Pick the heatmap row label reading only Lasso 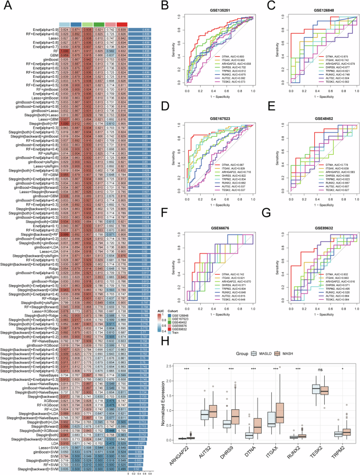click(x=48, y=39)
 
